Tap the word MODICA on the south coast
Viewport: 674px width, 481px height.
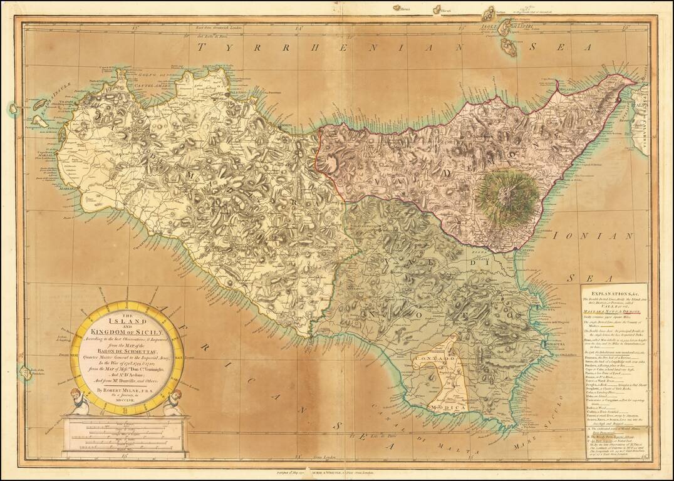click(447, 407)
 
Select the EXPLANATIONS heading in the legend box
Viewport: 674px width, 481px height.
click(613, 292)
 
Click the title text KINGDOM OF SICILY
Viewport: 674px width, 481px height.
click(126, 332)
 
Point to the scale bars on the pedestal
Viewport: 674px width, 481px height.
click(126, 436)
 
